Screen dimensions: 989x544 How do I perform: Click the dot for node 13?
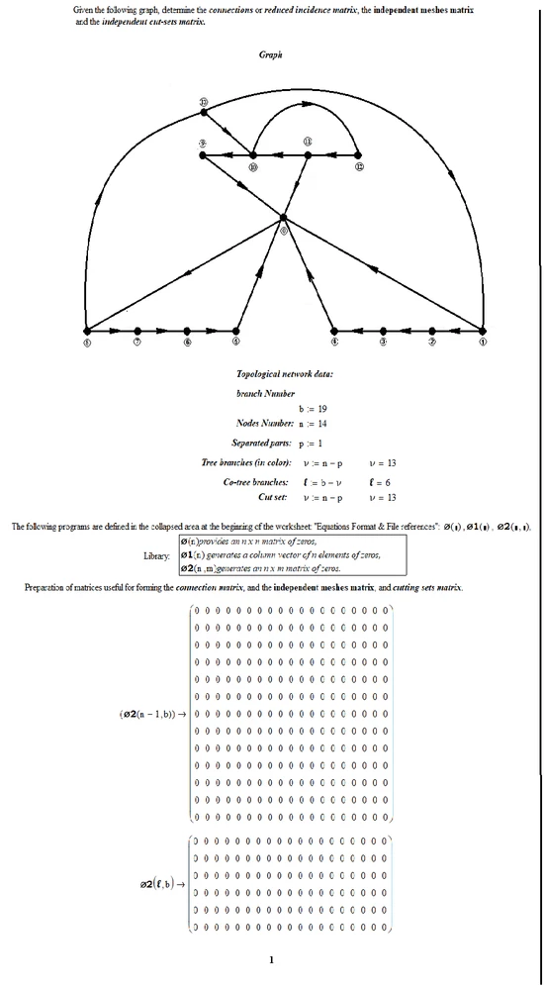point(204,113)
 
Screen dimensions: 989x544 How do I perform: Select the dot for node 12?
point(357,154)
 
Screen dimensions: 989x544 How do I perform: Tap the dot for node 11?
point(308,154)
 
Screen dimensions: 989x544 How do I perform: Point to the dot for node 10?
point(253,154)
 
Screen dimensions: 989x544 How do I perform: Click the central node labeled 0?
point(283,217)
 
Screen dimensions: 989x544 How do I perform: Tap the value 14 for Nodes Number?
point(322,423)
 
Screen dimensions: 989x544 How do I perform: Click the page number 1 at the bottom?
point(271,958)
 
